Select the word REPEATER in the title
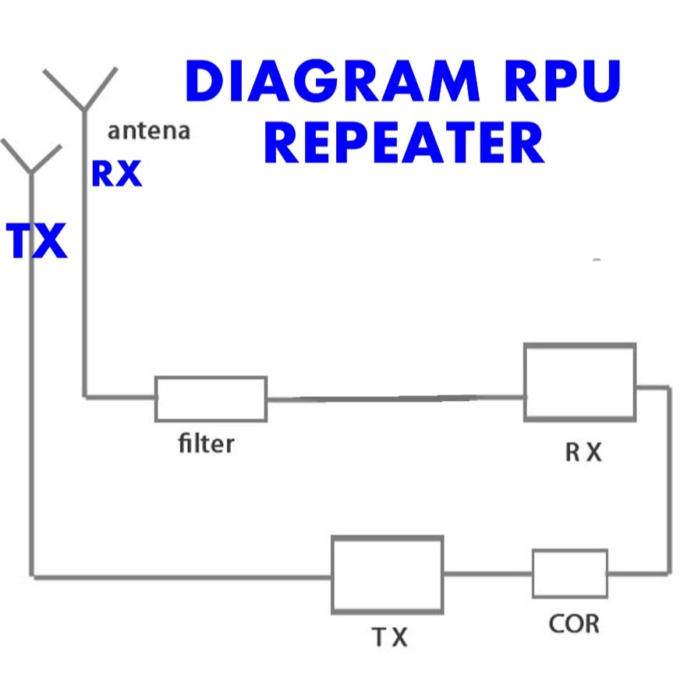403,144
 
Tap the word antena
148,130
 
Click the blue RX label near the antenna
117,174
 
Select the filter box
211,399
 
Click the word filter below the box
206,445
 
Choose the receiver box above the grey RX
579,382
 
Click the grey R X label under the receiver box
583,453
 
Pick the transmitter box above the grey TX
388,574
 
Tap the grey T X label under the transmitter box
388,638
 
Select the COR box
570,573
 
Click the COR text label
573,624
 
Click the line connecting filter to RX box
395,398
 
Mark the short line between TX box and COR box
488,575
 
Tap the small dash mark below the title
597,258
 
